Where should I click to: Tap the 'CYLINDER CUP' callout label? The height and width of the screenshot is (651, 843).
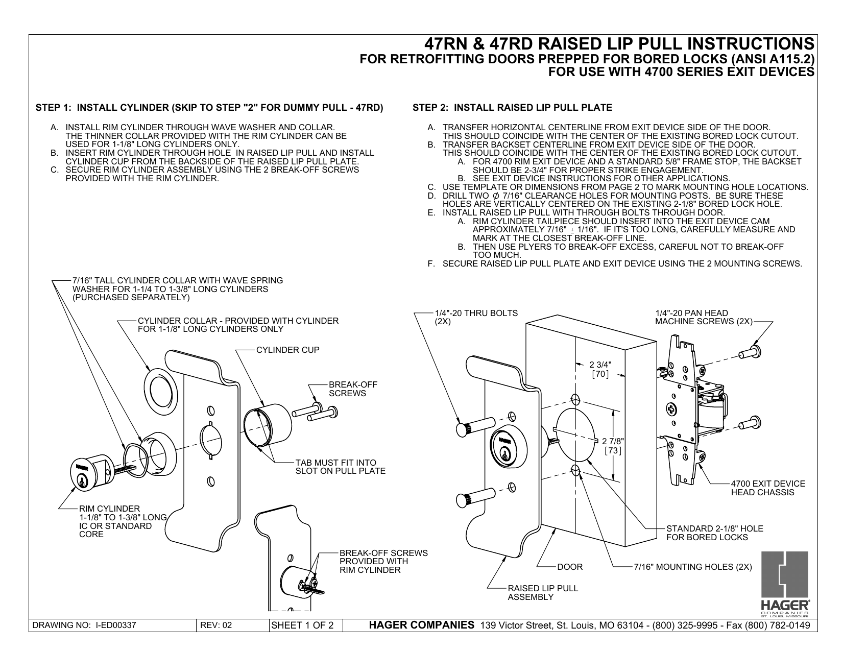click(287, 350)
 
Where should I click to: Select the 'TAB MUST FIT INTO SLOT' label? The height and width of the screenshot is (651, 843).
click(340, 467)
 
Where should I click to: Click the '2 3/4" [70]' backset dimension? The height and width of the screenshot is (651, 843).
click(599, 369)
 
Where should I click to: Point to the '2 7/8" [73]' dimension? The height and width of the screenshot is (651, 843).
click(613, 446)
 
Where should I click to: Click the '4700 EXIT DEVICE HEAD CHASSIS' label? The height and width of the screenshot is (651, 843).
click(767, 488)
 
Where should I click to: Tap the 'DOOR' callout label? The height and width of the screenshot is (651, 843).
click(569, 567)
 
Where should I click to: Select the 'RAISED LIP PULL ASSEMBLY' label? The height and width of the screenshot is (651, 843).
click(542, 592)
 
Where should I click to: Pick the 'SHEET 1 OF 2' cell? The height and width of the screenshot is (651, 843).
click(305, 625)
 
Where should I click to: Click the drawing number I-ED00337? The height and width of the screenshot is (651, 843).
click(84, 625)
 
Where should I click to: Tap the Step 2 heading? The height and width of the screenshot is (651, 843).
click(512, 108)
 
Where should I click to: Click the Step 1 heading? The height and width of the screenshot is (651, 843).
click(209, 108)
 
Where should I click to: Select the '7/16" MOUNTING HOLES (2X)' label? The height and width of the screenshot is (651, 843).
click(692, 567)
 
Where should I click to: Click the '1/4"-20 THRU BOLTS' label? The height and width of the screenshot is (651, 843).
click(475, 317)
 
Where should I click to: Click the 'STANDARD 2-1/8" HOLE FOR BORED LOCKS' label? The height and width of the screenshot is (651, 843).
click(714, 533)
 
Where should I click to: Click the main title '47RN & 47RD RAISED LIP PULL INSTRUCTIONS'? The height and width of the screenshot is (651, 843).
click(619, 43)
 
